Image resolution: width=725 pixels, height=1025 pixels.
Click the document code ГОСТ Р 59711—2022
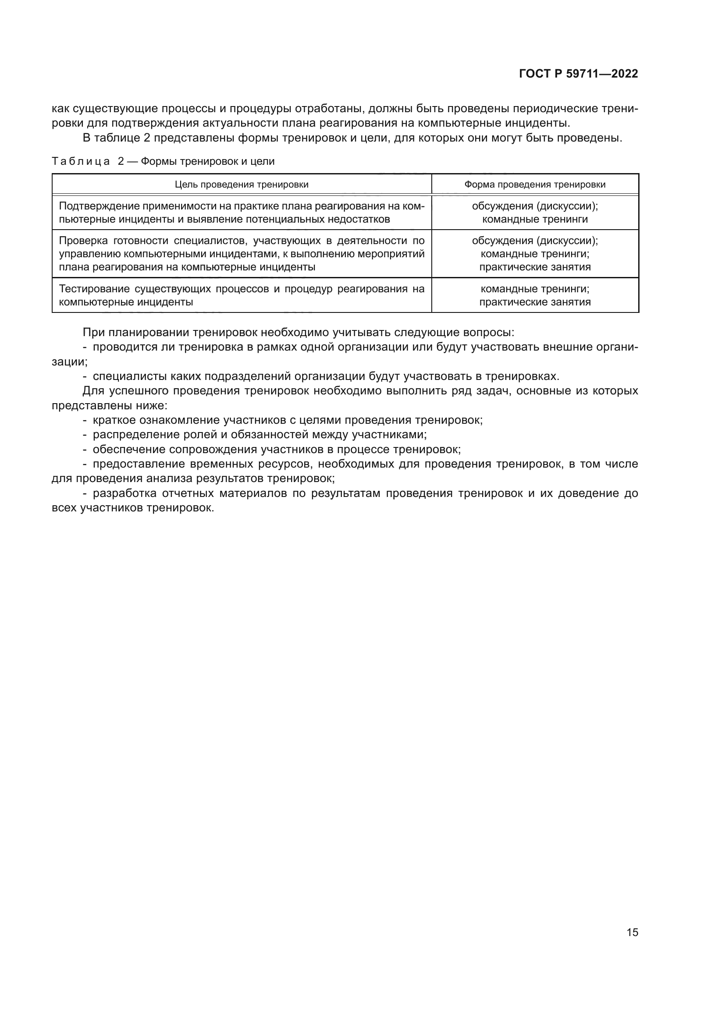click(578, 74)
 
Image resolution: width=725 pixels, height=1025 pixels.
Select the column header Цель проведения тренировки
click(242, 184)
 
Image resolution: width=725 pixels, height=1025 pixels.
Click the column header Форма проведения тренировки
click(535, 184)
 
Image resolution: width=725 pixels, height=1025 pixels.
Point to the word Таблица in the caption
click(81, 162)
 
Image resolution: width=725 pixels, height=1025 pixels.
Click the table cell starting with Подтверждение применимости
click(242, 213)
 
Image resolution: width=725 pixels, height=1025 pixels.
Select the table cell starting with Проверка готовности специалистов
click(242, 254)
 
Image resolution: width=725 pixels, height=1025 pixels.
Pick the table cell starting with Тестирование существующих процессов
click(242, 295)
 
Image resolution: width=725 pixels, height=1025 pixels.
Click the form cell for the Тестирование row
click(535, 295)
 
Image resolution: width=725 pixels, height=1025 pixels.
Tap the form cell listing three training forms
click(535, 254)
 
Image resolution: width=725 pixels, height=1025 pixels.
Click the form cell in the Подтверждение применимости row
click(535, 213)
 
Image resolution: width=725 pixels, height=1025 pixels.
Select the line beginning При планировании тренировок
click(298, 333)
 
